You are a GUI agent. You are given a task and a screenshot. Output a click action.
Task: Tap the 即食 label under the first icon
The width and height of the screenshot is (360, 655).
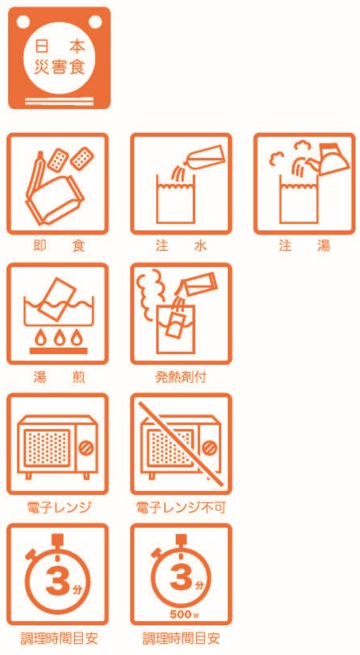(x=58, y=246)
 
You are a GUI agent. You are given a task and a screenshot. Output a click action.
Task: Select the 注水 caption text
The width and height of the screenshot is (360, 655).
(x=181, y=246)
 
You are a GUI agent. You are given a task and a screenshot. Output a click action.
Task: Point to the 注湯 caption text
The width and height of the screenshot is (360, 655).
(x=304, y=246)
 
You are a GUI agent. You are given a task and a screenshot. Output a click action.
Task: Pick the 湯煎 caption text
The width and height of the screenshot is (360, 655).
(x=58, y=377)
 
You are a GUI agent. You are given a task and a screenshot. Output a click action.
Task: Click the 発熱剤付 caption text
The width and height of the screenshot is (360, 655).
(x=181, y=377)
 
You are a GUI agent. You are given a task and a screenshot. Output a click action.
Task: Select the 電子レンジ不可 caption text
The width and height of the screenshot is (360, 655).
(x=181, y=508)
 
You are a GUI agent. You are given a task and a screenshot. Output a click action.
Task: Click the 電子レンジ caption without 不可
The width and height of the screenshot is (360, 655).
(x=58, y=508)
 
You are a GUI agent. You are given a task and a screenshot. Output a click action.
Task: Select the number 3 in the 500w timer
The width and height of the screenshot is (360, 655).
(x=181, y=578)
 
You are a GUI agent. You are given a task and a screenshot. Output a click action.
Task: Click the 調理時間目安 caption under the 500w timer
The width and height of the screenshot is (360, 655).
(x=181, y=638)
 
